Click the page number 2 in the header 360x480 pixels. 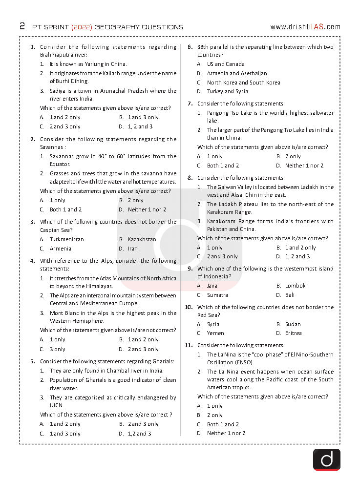tap(22, 26)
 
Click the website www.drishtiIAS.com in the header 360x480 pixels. tap(305, 27)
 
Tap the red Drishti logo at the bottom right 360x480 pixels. tap(326, 459)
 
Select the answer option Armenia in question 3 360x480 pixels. tap(60, 249)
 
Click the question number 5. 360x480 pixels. tap(33, 361)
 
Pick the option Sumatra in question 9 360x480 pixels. tap(217, 295)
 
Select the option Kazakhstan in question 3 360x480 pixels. tap(142, 239)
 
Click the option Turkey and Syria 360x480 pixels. tap(227, 91)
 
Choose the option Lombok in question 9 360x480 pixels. tap(295, 286)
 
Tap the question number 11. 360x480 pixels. tap(189, 345)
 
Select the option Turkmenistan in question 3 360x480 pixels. tap(66, 239)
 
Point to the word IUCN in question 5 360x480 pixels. tap(57, 405)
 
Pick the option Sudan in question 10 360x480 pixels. tap(293, 324)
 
